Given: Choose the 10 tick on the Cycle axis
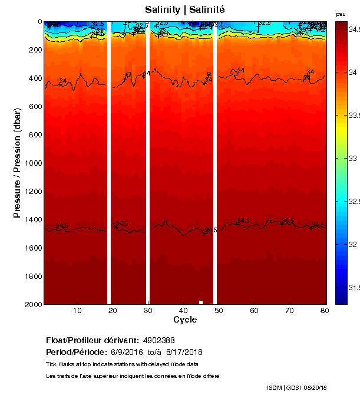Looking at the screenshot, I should click(77, 311).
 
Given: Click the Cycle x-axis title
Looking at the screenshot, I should click(185, 320).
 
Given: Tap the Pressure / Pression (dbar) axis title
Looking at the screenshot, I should click(18, 163).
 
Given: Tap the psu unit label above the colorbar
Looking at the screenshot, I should click(341, 14).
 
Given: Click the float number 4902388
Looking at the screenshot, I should click(159, 340).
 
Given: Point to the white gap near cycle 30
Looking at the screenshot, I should click(148, 163).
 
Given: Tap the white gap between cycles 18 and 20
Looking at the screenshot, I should click(109, 163).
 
